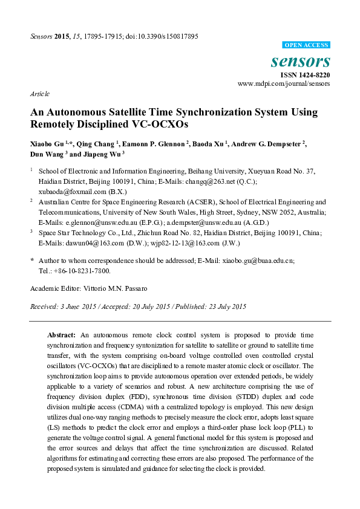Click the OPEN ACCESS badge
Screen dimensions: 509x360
click(x=307, y=45)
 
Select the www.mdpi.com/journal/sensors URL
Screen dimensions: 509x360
click(x=284, y=84)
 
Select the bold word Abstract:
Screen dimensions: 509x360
click(x=61, y=334)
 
